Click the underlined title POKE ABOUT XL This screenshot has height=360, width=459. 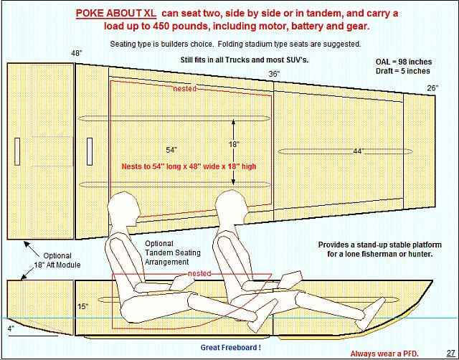coord(116,13)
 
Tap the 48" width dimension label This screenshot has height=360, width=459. coord(77,54)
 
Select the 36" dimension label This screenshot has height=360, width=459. coord(274,74)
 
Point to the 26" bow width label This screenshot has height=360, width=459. coord(432,87)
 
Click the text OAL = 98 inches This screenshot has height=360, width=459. coord(404,62)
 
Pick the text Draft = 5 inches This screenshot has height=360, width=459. coord(403,71)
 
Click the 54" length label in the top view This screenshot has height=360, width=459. coord(171,150)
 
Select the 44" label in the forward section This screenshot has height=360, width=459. coord(358,151)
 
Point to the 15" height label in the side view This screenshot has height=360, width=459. coord(83,306)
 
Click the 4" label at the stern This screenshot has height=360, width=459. coord(11,328)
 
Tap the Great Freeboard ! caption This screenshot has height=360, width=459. coord(231,347)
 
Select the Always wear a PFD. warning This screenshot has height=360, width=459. coord(384,354)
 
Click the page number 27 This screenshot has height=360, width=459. coord(450,353)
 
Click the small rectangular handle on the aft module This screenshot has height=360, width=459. coord(17,151)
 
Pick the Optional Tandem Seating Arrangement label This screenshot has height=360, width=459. coord(173,252)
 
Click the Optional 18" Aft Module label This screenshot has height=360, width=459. coord(57,260)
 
